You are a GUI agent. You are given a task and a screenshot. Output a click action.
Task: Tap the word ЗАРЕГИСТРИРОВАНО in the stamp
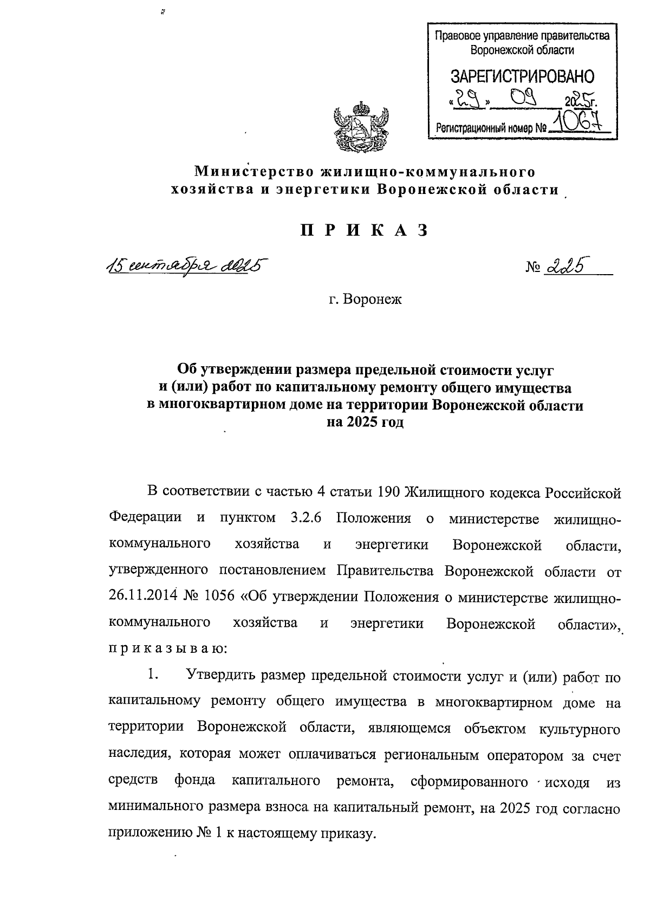[522, 76]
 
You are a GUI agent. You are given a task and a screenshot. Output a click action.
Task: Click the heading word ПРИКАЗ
[365, 231]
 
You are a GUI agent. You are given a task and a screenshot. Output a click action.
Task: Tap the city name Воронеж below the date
[373, 299]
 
